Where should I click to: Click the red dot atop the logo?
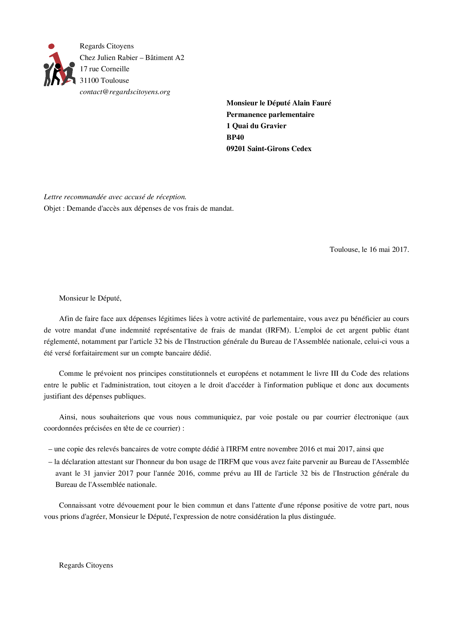[x=51, y=46]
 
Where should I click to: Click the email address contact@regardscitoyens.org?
[x=125, y=92]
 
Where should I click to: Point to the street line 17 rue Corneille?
[x=104, y=69]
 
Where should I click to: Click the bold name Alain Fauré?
[x=312, y=103]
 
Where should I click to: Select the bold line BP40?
[x=235, y=137]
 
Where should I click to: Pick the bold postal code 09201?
[x=236, y=149]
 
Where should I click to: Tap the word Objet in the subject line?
[x=52, y=209]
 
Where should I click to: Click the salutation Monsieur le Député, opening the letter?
[x=90, y=298]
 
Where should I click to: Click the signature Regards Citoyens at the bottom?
[x=86, y=565]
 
